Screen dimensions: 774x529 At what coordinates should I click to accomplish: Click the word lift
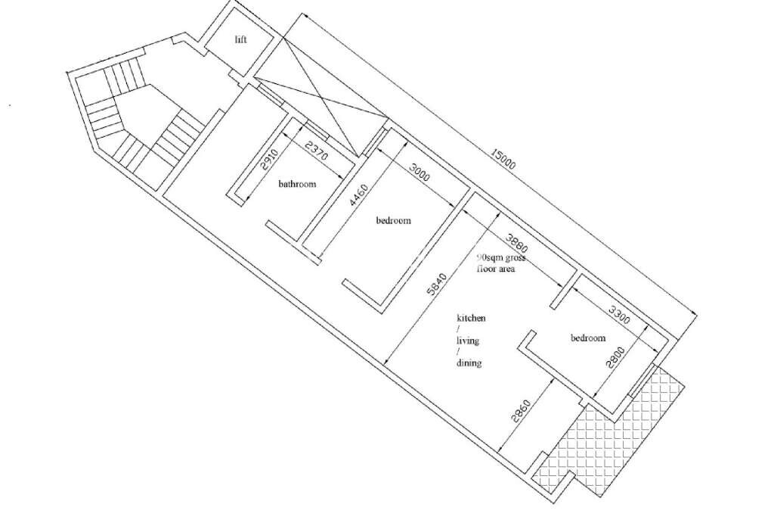241,39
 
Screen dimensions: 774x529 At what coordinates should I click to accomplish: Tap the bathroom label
297,184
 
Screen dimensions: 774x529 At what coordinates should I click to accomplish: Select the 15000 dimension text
503,159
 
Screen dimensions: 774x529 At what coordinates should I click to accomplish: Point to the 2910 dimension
270,159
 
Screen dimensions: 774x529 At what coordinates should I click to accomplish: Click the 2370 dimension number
317,151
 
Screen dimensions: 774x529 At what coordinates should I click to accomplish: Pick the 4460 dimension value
359,195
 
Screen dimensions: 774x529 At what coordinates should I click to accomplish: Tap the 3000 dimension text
420,173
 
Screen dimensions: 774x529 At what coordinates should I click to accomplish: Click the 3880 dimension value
516,243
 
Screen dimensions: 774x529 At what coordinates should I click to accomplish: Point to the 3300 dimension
619,315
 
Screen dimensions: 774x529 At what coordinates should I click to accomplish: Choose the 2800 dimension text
615,358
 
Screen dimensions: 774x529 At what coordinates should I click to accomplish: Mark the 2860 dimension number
522,412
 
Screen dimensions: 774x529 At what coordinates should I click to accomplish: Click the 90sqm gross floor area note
500,263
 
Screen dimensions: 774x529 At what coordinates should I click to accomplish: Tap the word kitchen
471,318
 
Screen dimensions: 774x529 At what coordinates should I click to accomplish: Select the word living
467,341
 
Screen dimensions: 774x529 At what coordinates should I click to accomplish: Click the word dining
469,363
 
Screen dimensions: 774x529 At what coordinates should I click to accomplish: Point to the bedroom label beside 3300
588,338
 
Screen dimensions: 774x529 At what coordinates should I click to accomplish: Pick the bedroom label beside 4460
393,220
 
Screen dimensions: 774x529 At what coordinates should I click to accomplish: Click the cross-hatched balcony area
612,435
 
